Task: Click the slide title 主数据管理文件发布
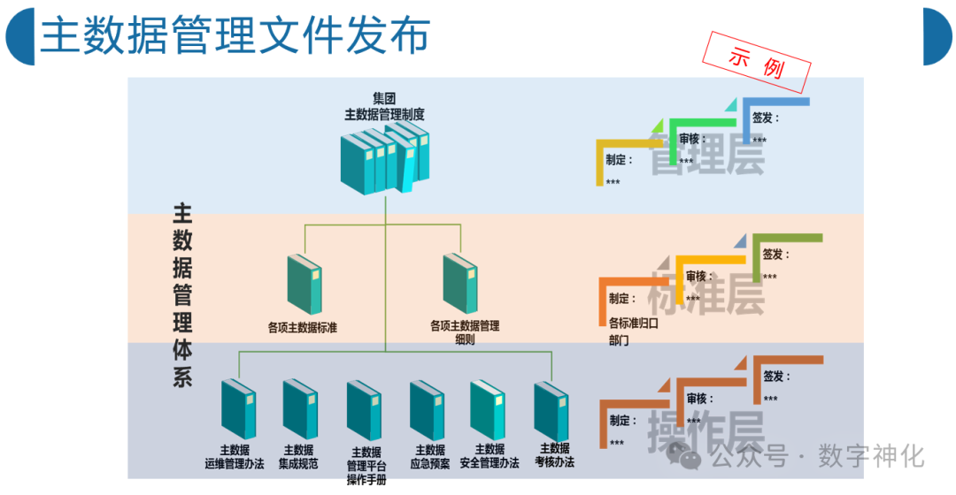235,35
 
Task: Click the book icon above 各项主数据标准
305,284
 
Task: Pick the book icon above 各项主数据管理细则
460,284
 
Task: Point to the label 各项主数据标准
302,327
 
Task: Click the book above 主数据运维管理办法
237,408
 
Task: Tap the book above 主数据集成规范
299,408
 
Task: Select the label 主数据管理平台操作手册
366,465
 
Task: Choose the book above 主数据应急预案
427,409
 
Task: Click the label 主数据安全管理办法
490,456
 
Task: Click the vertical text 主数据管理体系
182,296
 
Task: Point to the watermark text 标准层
708,292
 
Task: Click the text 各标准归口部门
633,331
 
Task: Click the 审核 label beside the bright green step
692,139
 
